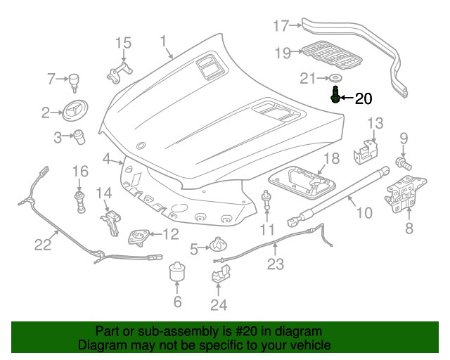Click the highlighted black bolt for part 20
pyautogui.click(x=335, y=94)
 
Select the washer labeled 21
pyautogui.click(x=335, y=77)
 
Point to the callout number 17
pyautogui.click(x=281, y=27)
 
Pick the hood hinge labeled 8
pyautogui.click(x=401, y=195)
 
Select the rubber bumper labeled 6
pyautogui.click(x=177, y=274)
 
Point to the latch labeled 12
pyautogui.click(x=138, y=236)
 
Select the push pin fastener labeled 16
pyautogui.click(x=80, y=198)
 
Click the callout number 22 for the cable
pyautogui.click(x=44, y=245)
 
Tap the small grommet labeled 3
pyautogui.click(x=80, y=135)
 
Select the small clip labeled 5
pyautogui.click(x=218, y=247)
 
